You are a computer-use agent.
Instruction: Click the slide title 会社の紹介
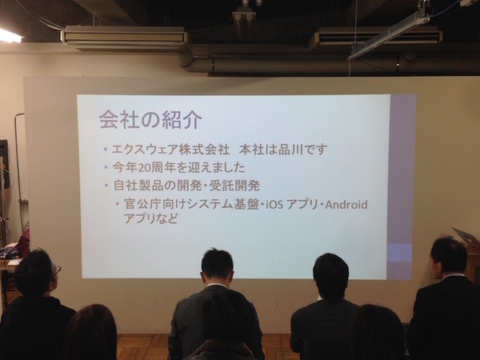click(x=150, y=119)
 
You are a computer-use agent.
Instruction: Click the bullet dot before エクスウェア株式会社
click(x=106, y=150)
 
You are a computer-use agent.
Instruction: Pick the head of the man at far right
click(x=448, y=254)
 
